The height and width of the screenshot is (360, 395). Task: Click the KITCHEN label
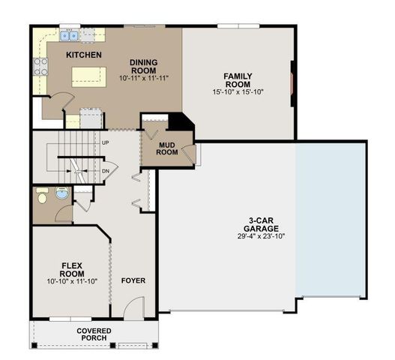(83, 55)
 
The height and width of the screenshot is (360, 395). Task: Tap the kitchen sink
(70, 35)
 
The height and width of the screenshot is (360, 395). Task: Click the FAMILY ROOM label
(238, 79)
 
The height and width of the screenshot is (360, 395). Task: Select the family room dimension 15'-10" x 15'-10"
(238, 92)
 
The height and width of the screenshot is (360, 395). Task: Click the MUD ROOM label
(167, 148)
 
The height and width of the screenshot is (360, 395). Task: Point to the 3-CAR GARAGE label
(260, 224)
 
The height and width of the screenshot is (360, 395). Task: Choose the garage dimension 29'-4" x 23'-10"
(260, 235)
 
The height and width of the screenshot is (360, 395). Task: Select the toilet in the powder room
(42, 196)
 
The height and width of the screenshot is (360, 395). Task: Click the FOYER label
(133, 280)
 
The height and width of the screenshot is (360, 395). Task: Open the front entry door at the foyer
(134, 307)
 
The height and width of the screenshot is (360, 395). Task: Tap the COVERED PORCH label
(94, 334)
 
